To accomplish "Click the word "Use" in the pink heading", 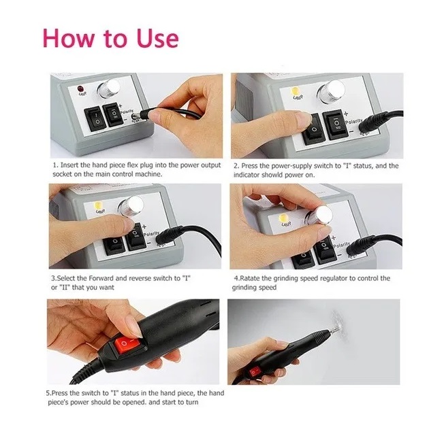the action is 157,38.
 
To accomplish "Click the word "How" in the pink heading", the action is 68,38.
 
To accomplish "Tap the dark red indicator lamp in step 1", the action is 81,89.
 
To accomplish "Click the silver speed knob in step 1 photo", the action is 108,88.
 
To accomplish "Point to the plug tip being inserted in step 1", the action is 135,116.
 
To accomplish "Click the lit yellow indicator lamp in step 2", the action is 296,91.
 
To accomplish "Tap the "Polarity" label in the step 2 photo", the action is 353,121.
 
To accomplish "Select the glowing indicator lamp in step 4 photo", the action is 283,218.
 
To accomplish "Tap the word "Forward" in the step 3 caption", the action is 101,279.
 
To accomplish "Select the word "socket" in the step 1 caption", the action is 62,174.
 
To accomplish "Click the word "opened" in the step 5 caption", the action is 136,402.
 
